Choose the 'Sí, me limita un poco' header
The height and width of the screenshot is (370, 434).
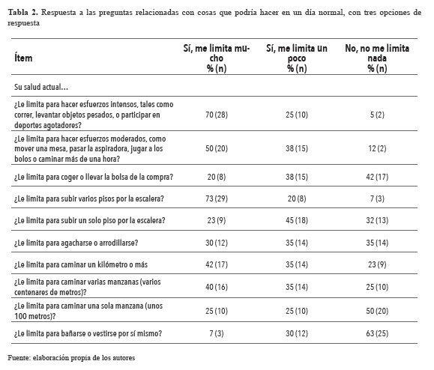click(x=297, y=57)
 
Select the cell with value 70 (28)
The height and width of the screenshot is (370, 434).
click(x=216, y=116)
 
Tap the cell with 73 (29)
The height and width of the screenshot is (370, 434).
click(x=216, y=199)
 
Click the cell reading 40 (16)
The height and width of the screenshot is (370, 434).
click(x=216, y=287)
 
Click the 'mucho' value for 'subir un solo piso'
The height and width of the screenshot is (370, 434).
click(x=216, y=221)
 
